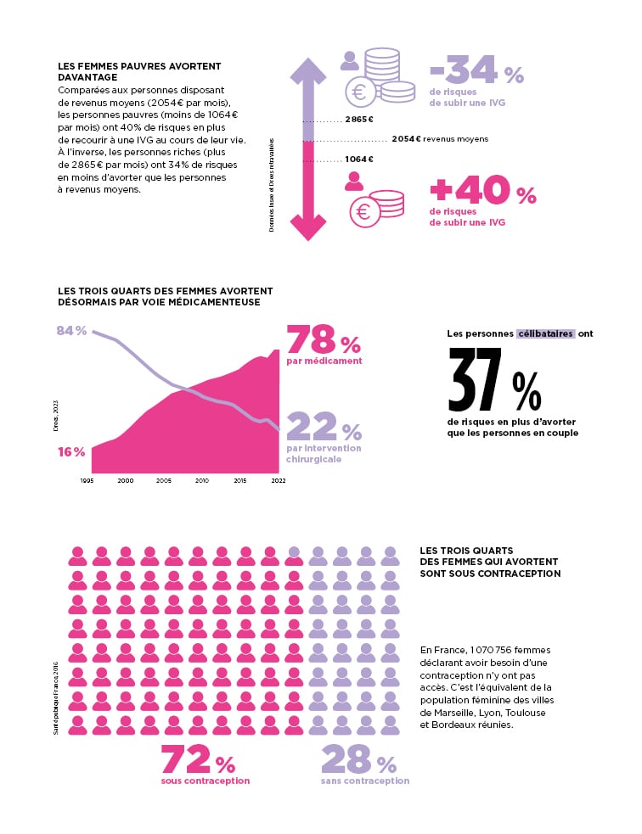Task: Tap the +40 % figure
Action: click(x=482, y=191)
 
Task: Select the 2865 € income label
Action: click(x=359, y=120)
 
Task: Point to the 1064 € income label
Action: click(x=359, y=160)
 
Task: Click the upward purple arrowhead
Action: click(x=308, y=70)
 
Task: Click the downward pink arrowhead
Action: click(x=308, y=227)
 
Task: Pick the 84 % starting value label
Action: click(x=71, y=330)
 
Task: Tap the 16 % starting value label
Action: click(x=71, y=451)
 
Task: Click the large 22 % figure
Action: click(x=324, y=427)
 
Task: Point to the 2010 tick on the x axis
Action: click(x=202, y=480)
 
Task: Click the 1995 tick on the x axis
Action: click(x=87, y=480)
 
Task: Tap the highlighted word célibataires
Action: click(x=545, y=333)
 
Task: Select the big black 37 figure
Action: click(x=476, y=379)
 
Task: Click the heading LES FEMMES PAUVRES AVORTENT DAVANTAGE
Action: click(x=138, y=71)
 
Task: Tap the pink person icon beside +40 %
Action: click(x=354, y=181)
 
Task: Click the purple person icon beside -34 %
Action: click(x=349, y=60)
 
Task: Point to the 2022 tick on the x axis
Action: click(x=278, y=480)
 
